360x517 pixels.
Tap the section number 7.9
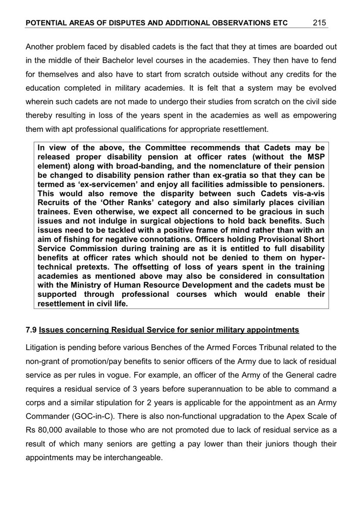pyautogui.click(x=31, y=330)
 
